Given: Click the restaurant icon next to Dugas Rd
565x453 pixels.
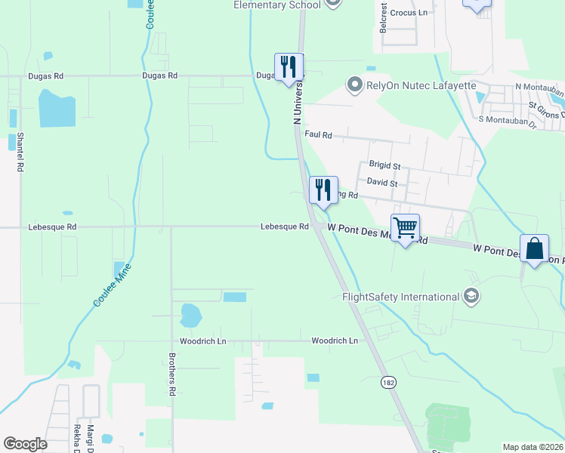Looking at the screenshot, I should [288, 67].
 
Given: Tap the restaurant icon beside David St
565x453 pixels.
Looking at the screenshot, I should [323, 190].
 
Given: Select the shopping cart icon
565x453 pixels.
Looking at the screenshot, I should [405, 228].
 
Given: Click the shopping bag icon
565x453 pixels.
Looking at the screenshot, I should [534, 248].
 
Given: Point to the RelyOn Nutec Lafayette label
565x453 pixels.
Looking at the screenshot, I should [421, 85].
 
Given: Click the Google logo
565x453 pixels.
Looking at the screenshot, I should [25, 444].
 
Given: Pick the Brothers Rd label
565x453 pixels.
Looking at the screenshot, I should [172, 374].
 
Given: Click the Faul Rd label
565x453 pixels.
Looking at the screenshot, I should [318, 134].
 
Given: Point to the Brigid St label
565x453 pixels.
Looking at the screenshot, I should [384, 165].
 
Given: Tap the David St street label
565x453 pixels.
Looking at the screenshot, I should [381, 182].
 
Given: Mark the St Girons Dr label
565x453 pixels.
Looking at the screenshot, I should [545, 106].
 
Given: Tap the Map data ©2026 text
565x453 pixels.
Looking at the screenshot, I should [533, 447].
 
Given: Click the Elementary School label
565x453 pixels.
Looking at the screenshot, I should [276, 5].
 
